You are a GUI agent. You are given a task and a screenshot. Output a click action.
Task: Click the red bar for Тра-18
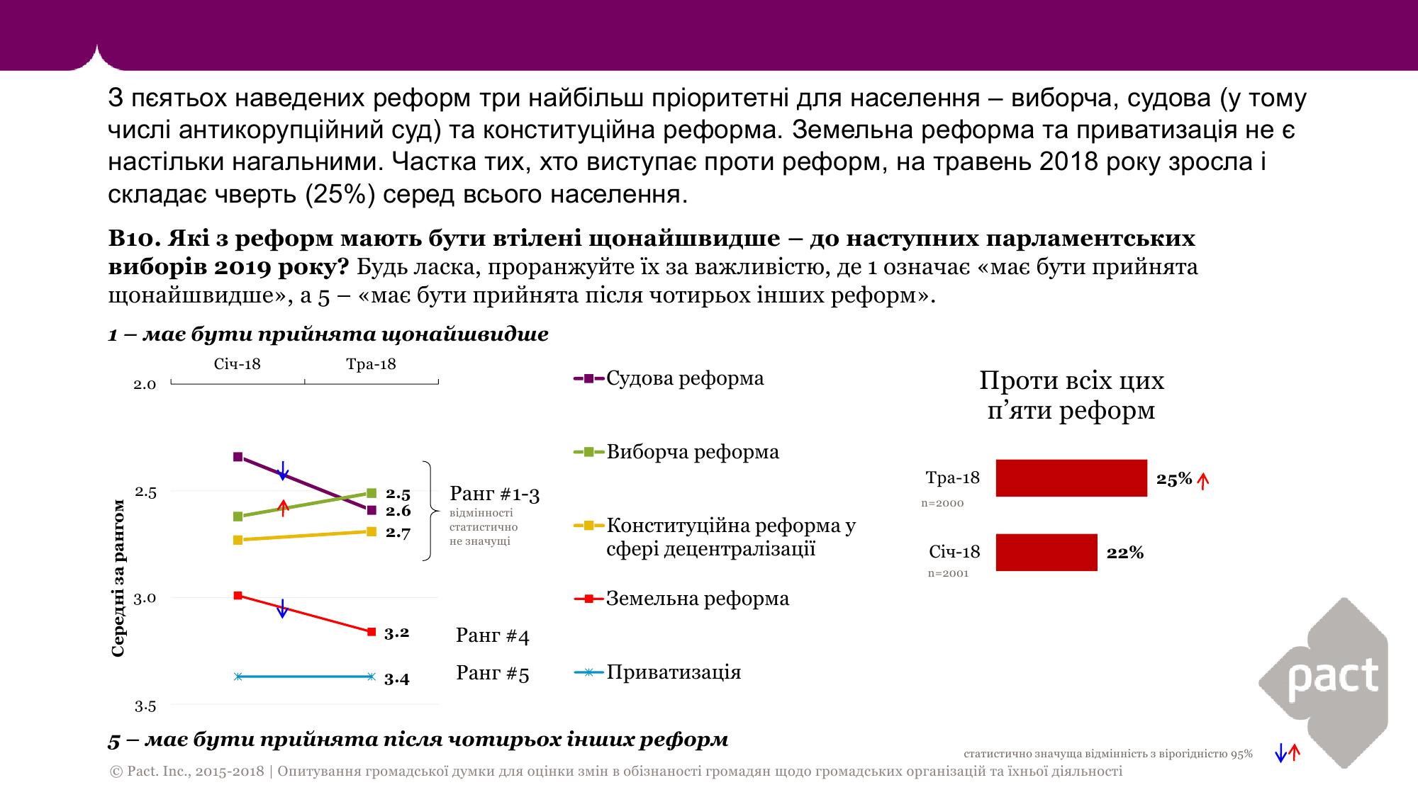[1071, 478]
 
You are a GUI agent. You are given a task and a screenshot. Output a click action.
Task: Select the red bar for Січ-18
[1046, 553]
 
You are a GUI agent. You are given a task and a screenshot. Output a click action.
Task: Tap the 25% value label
[1174, 479]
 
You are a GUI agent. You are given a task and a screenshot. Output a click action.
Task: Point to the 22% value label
[1125, 553]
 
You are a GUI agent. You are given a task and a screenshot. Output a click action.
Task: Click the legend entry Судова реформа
[684, 378]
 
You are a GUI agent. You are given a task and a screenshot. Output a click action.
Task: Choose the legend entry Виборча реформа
[692, 452]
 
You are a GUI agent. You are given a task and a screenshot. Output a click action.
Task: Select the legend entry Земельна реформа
[697, 599]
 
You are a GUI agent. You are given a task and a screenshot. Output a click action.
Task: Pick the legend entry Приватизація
[673, 672]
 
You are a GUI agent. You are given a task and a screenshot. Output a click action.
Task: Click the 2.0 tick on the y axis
[145, 385]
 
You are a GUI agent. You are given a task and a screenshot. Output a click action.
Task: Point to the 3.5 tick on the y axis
[145, 706]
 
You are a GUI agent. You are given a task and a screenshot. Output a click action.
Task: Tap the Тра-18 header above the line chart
[371, 365]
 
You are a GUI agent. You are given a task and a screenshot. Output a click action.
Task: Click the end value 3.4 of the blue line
[397, 679]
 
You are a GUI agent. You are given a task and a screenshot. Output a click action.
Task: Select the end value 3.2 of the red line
[397, 633]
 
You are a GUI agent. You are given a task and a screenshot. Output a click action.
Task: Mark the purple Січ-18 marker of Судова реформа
[238, 457]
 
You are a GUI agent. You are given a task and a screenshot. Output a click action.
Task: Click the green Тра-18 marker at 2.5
[372, 493]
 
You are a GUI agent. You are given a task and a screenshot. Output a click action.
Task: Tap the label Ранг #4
[493, 635]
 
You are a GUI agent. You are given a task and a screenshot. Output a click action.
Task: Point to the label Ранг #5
[493, 673]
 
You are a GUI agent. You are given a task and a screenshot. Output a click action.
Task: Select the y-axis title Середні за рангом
[118, 578]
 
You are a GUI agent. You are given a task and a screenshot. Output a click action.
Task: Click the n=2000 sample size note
[942, 504]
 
